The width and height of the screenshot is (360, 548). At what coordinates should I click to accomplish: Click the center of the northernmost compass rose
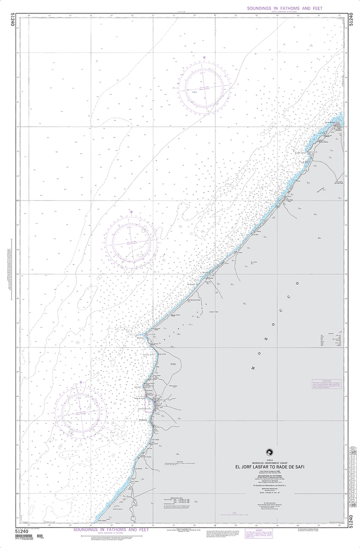click(204, 86)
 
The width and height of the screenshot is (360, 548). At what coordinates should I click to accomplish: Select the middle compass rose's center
click(131, 241)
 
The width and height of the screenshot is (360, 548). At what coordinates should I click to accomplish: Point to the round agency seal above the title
click(270, 452)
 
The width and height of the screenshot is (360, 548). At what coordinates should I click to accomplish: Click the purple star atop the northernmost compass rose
click(204, 57)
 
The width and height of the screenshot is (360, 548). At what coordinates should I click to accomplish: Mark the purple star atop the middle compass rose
click(131, 212)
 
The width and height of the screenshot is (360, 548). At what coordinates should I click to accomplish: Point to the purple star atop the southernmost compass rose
click(81, 382)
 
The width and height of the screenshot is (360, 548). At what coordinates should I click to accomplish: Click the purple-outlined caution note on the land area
click(327, 384)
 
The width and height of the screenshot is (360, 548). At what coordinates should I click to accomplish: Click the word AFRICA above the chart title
click(270, 460)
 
